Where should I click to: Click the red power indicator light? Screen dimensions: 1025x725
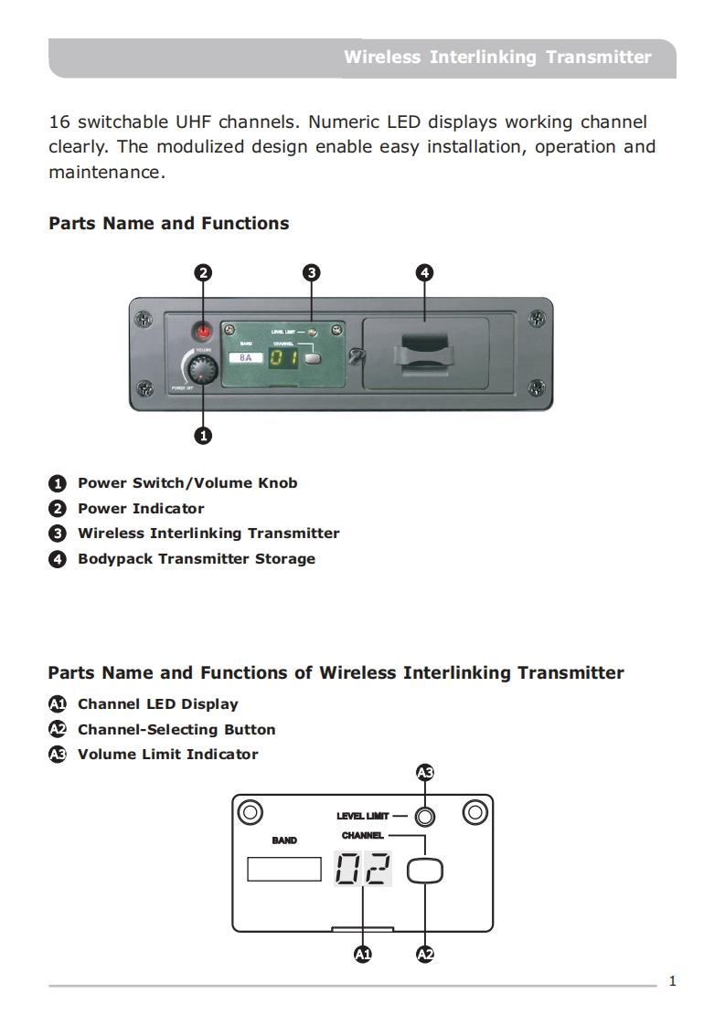[203, 331]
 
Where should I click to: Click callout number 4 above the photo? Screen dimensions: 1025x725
[424, 272]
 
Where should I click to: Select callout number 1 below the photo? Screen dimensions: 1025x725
[203, 436]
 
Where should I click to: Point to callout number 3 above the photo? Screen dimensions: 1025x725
[312, 272]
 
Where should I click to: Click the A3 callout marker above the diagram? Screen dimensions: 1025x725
[424, 773]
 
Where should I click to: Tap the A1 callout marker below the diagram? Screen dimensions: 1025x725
[363, 955]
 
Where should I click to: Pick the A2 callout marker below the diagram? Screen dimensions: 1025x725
[425, 955]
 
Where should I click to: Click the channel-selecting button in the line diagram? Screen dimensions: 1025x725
[425, 871]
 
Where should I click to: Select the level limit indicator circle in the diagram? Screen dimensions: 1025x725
[424, 816]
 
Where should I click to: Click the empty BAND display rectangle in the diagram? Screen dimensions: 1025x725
[283, 869]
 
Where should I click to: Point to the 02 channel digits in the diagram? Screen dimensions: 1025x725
[363, 869]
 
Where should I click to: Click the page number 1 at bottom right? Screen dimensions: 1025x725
[673, 982]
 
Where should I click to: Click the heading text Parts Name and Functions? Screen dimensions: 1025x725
[168, 224]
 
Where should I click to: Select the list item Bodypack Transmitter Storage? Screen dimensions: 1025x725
[196, 558]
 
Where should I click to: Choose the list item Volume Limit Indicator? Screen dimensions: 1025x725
[167, 755]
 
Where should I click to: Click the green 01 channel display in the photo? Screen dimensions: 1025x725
[282, 357]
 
